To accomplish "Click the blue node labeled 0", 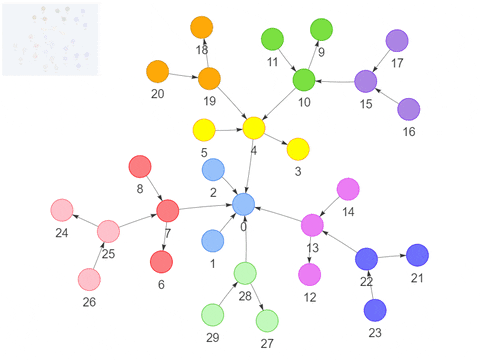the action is (x=243, y=205).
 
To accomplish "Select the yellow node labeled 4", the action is (x=254, y=128).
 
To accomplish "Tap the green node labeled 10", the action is (x=303, y=79).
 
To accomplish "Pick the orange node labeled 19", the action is (x=209, y=78).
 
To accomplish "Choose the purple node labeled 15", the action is (x=366, y=81).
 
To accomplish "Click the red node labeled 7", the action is (x=167, y=211).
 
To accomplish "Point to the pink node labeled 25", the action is (x=108, y=232).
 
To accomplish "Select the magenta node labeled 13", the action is (x=313, y=225).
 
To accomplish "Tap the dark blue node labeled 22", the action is (x=367, y=259).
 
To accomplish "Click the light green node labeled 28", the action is (x=245, y=272).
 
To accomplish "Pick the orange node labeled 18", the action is (x=202, y=27).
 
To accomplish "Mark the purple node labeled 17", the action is (x=397, y=41).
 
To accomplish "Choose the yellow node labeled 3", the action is (x=298, y=149).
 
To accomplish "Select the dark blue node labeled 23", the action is (x=375, y=310).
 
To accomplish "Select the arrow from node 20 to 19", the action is (x=183, y=75).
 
